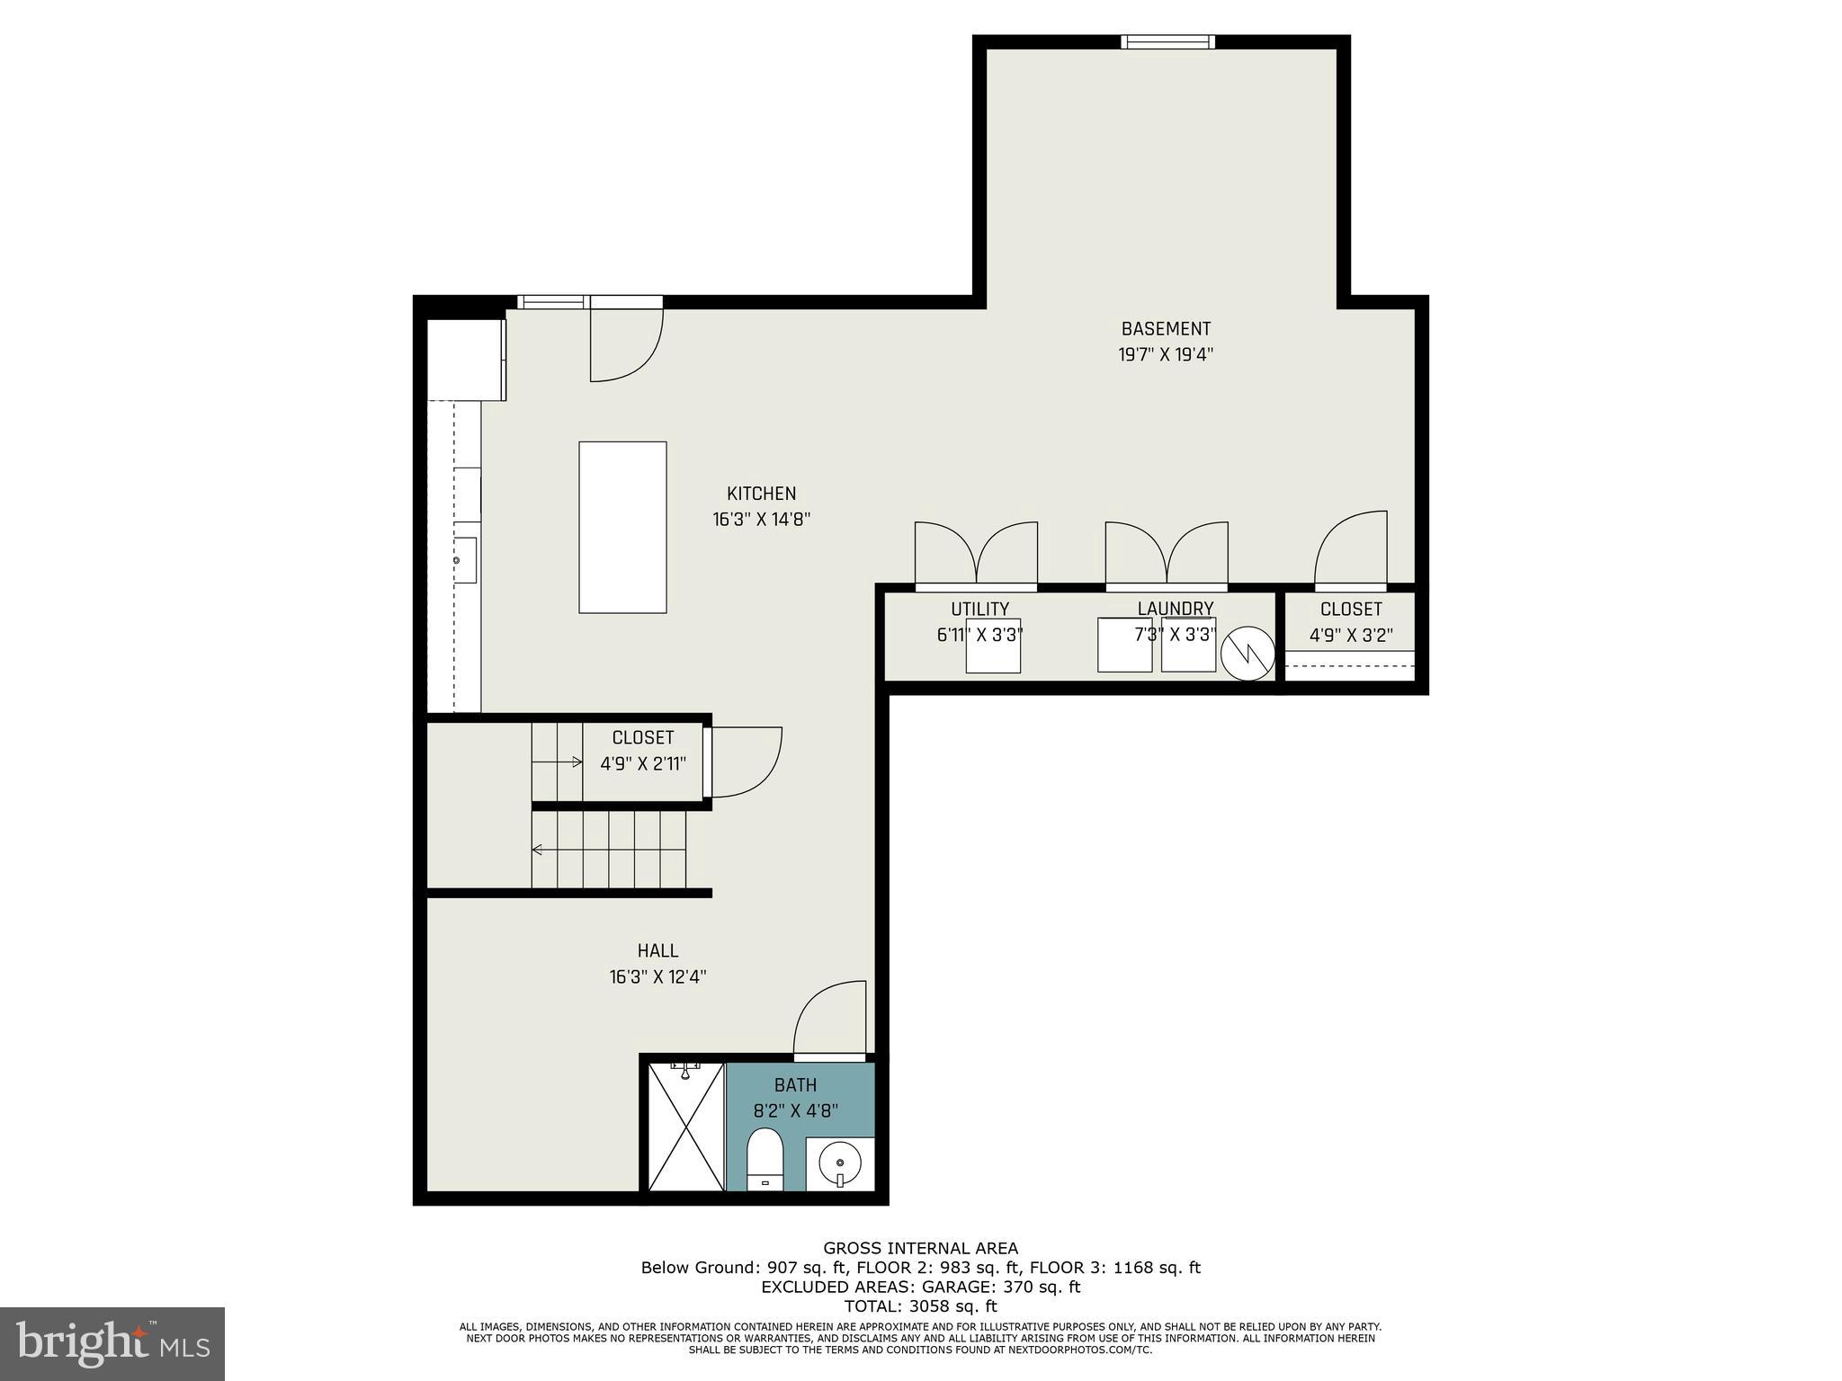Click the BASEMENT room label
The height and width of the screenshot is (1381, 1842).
point(1166,329)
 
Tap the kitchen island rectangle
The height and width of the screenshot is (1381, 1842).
point(622,527)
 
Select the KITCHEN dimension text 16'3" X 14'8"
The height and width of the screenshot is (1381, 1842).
point(762,519)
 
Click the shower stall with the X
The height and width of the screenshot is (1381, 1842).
point(686,1127)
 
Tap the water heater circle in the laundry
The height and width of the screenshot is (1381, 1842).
point(1247,653)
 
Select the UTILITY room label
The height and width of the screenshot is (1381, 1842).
point(979,609)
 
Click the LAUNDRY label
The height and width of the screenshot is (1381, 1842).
point(1175,609)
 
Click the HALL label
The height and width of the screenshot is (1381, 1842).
point(657,950)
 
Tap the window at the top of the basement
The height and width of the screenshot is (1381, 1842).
point(1167,41)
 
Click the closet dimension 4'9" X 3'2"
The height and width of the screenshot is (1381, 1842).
point(1351,636)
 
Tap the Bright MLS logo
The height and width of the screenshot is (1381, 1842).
point(112,1344)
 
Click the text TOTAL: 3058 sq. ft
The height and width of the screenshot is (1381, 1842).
point(920,1306)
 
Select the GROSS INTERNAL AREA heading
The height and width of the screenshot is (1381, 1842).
point(920,1248)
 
